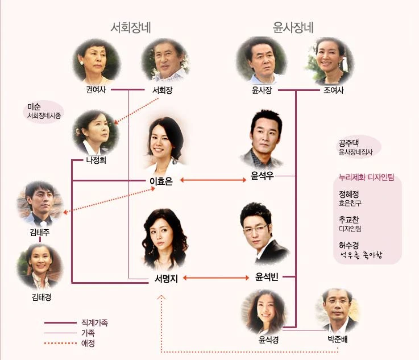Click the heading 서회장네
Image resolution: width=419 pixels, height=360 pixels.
[134, 28]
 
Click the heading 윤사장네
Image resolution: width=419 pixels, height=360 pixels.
[294, 28]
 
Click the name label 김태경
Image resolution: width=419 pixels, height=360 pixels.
[40, 297]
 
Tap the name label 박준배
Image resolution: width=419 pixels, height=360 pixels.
[337, 340]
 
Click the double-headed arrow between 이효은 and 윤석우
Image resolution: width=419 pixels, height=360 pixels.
[211, 181]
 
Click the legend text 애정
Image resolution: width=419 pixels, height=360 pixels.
[88, 343]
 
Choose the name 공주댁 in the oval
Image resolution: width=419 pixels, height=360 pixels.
[347, 143]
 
